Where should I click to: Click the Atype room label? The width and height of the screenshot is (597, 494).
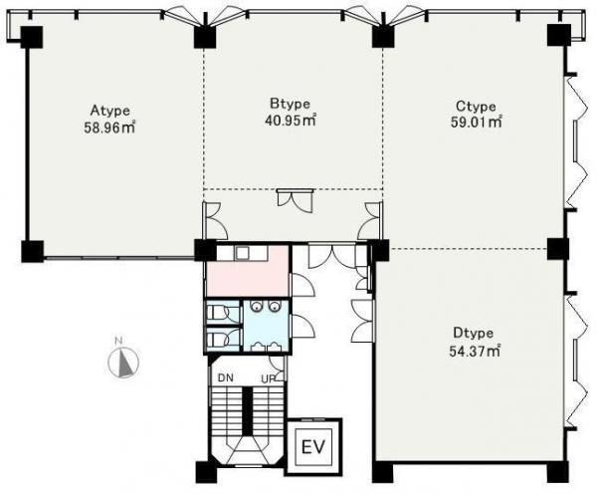tap(110, 111)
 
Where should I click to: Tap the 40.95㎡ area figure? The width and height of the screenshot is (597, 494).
tap(291, 121)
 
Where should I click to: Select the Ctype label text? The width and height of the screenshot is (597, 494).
tap(476, 107)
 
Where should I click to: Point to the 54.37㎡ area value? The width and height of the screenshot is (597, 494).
tap(475, 351)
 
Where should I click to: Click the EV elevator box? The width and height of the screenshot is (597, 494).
tap(314, 445)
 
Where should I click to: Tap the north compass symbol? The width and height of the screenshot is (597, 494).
tap(123, 362)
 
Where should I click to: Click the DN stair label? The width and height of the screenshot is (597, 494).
tap(226, 378)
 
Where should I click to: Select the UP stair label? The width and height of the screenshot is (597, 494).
tap(269, 378)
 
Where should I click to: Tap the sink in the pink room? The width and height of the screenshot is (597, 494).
tap(242, 252)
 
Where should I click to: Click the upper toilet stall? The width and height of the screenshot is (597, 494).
tap(223, 313)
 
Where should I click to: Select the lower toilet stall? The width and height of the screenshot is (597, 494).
tap(223, 339)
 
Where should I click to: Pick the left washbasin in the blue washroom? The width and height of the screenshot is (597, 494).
tap(257, 305)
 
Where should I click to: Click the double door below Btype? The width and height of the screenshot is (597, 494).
tap(296, 200)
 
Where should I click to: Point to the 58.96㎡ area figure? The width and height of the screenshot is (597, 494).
tap(109, 127)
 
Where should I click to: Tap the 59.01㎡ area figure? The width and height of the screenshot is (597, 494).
tap(477, 123)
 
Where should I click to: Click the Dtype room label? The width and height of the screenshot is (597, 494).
tap(474, 333)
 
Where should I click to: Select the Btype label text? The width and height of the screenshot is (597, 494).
tap(291, 104)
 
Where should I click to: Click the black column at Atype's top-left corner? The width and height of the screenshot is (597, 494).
tap(32, 37)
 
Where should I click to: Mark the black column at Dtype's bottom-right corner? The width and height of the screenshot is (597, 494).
tap(558, 472)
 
